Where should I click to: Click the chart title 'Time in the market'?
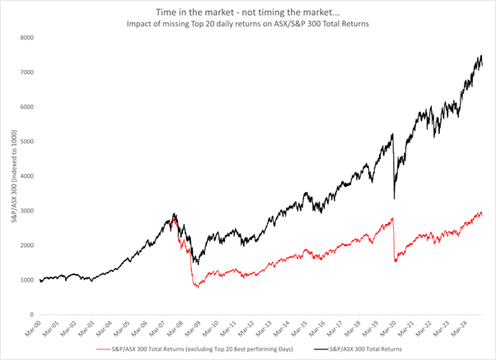click(247, 12)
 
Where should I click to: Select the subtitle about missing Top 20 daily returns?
click(247, 25)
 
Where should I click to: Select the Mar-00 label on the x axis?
click(38, 327)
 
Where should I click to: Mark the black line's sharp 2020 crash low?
click(394, 199)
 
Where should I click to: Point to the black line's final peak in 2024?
click(480, 56)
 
